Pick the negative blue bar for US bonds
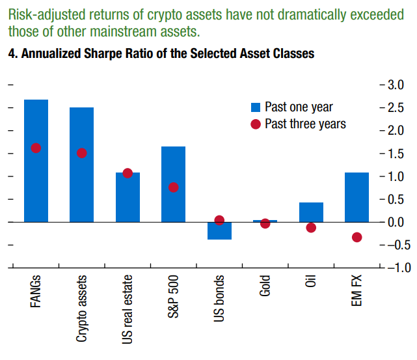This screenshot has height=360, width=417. (x=219, y=231)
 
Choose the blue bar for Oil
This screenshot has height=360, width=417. (x=311, y=212)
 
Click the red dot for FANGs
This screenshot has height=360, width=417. (x=36, y=148)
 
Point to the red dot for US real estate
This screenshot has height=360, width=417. (x=128, y=173)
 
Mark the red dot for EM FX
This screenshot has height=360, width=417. (x=356, y=238)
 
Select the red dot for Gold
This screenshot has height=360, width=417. (x=265, y=223)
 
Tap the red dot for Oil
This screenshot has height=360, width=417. (x=311, y=228)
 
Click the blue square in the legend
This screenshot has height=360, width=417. (x=255, y=107)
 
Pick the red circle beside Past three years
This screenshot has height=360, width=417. (x=255, y=124)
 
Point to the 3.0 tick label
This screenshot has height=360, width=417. (x=396, y=85)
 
